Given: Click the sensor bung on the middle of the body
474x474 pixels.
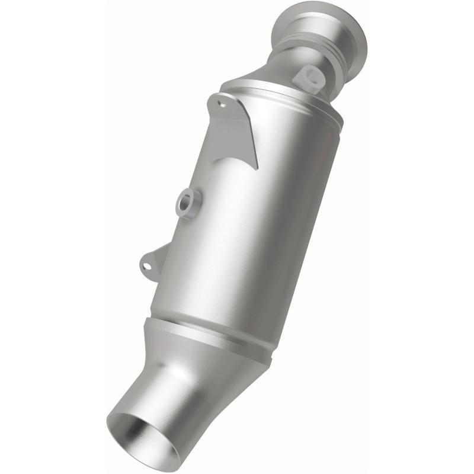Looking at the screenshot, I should pos(188,203).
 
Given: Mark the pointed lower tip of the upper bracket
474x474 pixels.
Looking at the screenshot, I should pos(257,167).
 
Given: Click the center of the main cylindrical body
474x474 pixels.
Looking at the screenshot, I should pos(249,225).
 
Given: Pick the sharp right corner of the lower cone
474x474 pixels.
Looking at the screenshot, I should pos(270,362).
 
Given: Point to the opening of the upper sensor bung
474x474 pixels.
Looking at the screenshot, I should pos(312,75).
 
